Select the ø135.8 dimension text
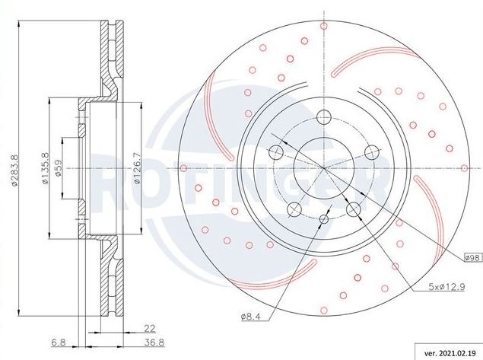(x=46, y=169)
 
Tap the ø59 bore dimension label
(x=59, y=168)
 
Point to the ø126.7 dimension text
(x=138, y=168)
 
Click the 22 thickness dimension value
(x=150, y=329)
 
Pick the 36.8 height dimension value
(x=154, y=342)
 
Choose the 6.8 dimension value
(x=59, y=342)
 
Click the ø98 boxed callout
(x=473, y=258)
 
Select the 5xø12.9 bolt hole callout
(x=446, y=287)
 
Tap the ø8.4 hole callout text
(x=251, y=317)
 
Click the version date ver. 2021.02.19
(x=450, y=353)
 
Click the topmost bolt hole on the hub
(x=324, y=116)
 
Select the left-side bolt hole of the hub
(x=276, y=152)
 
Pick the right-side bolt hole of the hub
(x=371, y=152)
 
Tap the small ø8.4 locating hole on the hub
(x=324, y=219)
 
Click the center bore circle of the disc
(x=324, y=168)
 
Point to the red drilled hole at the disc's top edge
(x=324, y=26)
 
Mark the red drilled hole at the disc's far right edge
(x=465, y=168)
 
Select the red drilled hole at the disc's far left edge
(x=183, y=168)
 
